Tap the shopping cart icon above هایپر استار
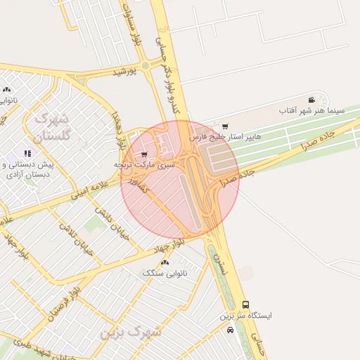pyautogui.click(x=225, y=127)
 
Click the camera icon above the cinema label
pyautogui.click(x=311, y=100)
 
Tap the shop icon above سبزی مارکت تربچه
pyautogui.click(x=144, y=154)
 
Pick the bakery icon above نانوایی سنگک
pyautogui.click(x=165, y=262)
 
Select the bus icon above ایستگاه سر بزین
pyautogui.click(x=245, y=304)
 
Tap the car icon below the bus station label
pyautogui.click(x=231, y=330)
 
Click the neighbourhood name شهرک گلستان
pyautogui.click(x=52, y=127)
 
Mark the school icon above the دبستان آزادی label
pyautogui.click(x=27, y=153)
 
